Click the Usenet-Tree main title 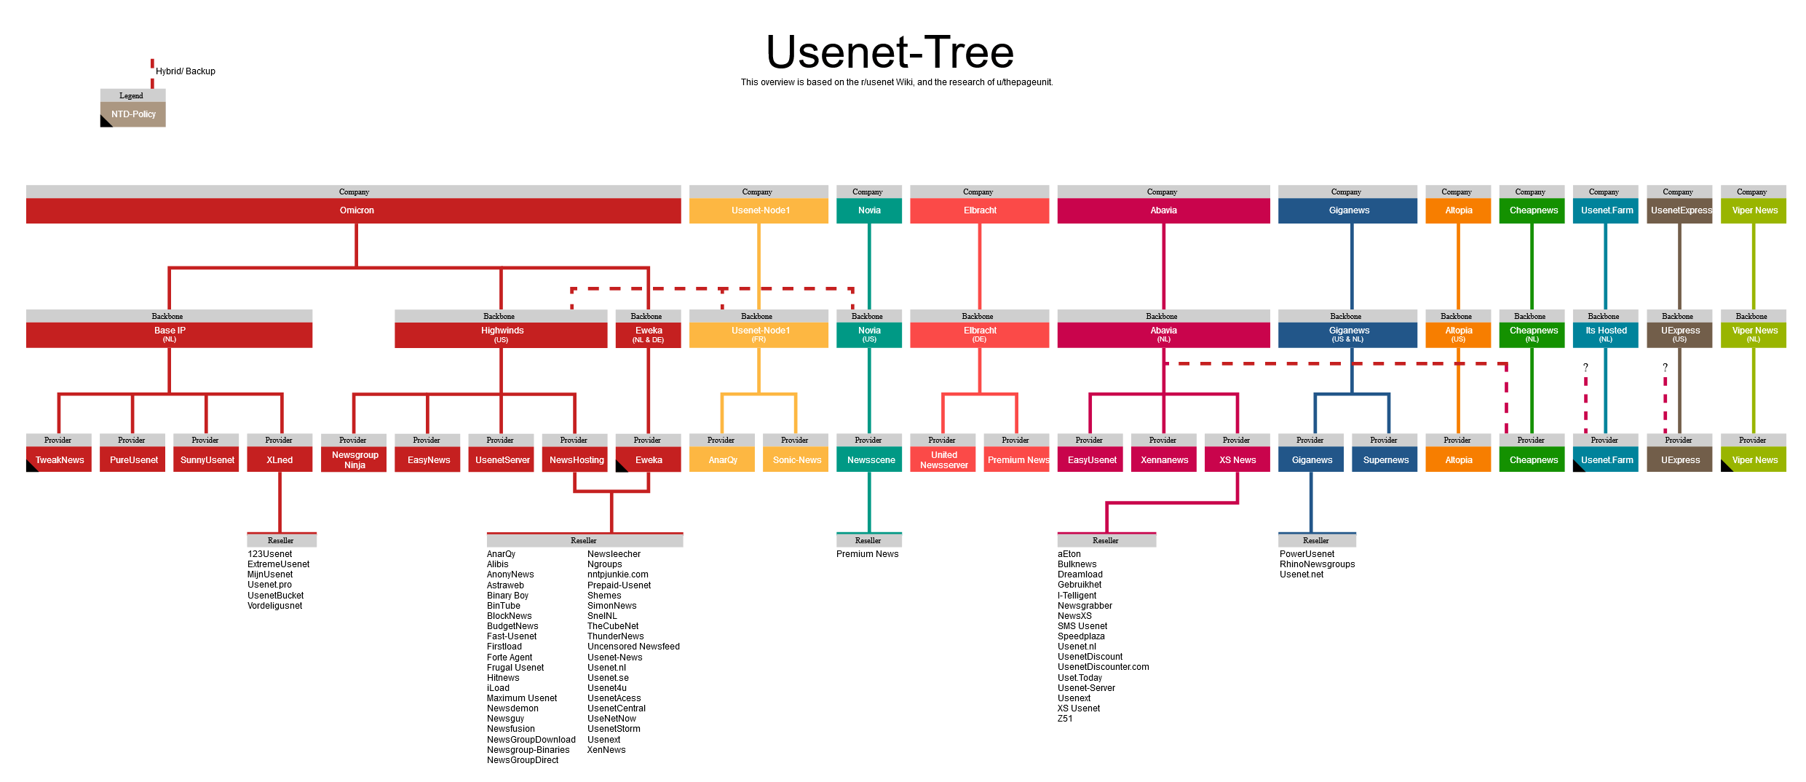[x=890, y=52]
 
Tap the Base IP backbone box [x=169, y=334]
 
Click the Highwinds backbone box [x=501, y=334]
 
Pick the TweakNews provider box [x=59, y=459]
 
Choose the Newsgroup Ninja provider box [x=354, y=459]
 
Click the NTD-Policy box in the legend [x=133, y=114]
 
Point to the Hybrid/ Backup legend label [x=186, y=71]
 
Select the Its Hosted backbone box [x=1605, y=334]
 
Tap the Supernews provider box [x=1385, y=459]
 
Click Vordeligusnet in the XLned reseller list [x=274, y=606]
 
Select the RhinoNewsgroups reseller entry [x=1317, y=564]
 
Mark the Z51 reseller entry [x=1065, y=719]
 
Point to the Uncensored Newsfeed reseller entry [x=633, y=647]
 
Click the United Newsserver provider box [x=943, y=459]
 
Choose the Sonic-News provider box [x=796, y=459]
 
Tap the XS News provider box [x=1237, y=459]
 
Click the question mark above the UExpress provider [x=1665, y=368]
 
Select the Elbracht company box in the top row [x=979, y=210]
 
